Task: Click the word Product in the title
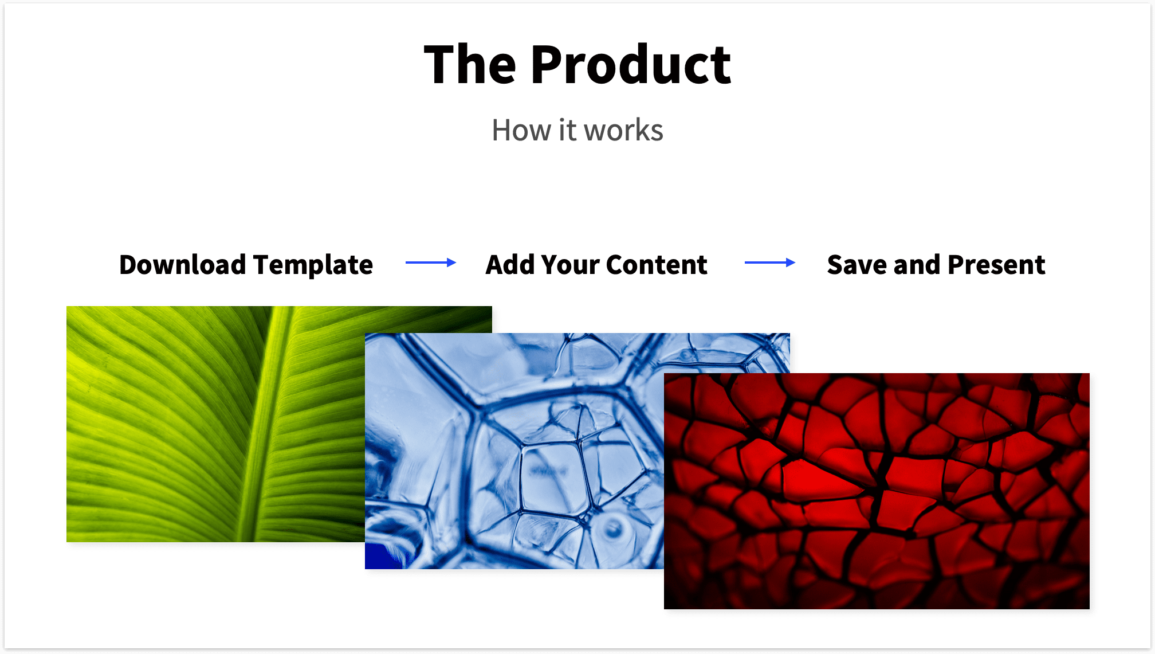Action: click(x=631, y=65)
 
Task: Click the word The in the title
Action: click(x=470, y=65)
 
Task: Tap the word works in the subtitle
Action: click(x=624, y=130)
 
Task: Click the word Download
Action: click(x=182, y=265)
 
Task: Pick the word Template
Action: click(x=313, y=265)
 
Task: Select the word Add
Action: click(x=509, y=265)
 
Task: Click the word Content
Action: click(x=657, y=265)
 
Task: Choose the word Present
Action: click(x=996, y=265)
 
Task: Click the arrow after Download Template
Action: click(x=431, y=263)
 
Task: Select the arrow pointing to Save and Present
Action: click(x=770, y=263)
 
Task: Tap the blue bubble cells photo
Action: click(x=516, y=459)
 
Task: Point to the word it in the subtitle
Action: click(x=567, y=130)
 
